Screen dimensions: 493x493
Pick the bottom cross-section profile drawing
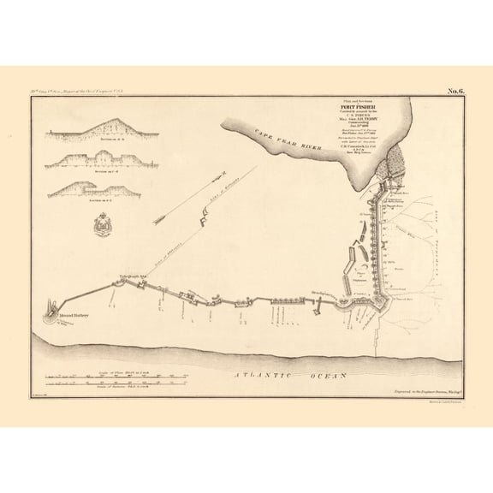click(x=90, y=191)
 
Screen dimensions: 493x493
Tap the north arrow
click(x=172, y=205)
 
